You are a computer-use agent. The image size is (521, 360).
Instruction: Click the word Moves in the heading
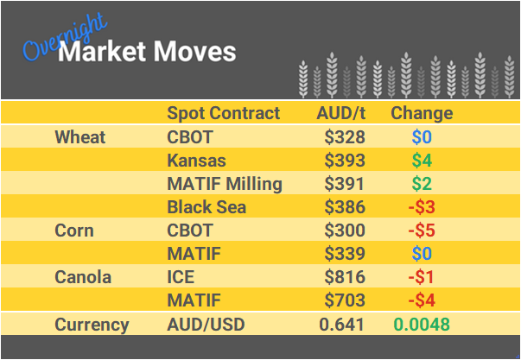click(194, 53)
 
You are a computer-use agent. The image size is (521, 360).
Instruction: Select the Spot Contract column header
click(223, 113)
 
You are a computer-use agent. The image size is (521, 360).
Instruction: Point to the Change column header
click(422, 113)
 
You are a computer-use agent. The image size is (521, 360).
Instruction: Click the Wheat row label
click(79, 137)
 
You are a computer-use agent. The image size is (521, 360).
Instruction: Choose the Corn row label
click(74, 231)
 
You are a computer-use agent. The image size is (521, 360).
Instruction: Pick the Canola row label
click(82, 278)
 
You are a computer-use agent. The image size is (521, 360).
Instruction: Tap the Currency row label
click(92, 325)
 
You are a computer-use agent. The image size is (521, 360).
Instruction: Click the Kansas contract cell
click(196, 161)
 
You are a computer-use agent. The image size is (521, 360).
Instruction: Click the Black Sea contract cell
click(206, 207)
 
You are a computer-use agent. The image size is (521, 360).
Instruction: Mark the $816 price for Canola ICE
click(345, 278)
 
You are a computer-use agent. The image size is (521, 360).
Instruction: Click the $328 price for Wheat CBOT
click(345, 137)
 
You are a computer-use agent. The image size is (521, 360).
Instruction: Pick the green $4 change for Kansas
click(422, 161)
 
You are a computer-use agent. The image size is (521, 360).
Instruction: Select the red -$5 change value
click(422, 231)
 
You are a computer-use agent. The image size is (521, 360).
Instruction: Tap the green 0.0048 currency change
click(422, 325)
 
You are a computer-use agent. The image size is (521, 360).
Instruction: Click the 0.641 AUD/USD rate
click(343, 325)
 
